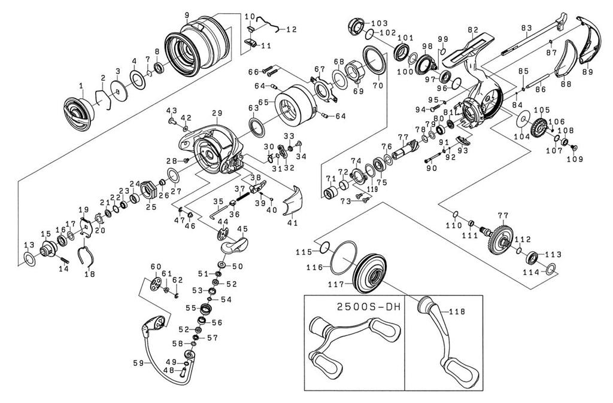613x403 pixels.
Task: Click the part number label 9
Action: click(x=187, y=14)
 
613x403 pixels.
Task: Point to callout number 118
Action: click(x=456, y=312)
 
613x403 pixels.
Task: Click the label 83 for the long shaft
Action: click(x=527, y=28)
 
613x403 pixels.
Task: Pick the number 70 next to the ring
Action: click(x=377, y=86)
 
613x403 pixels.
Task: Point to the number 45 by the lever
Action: click(x=242, y=229)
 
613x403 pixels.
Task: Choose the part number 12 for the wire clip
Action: click(x=291, y=29)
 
